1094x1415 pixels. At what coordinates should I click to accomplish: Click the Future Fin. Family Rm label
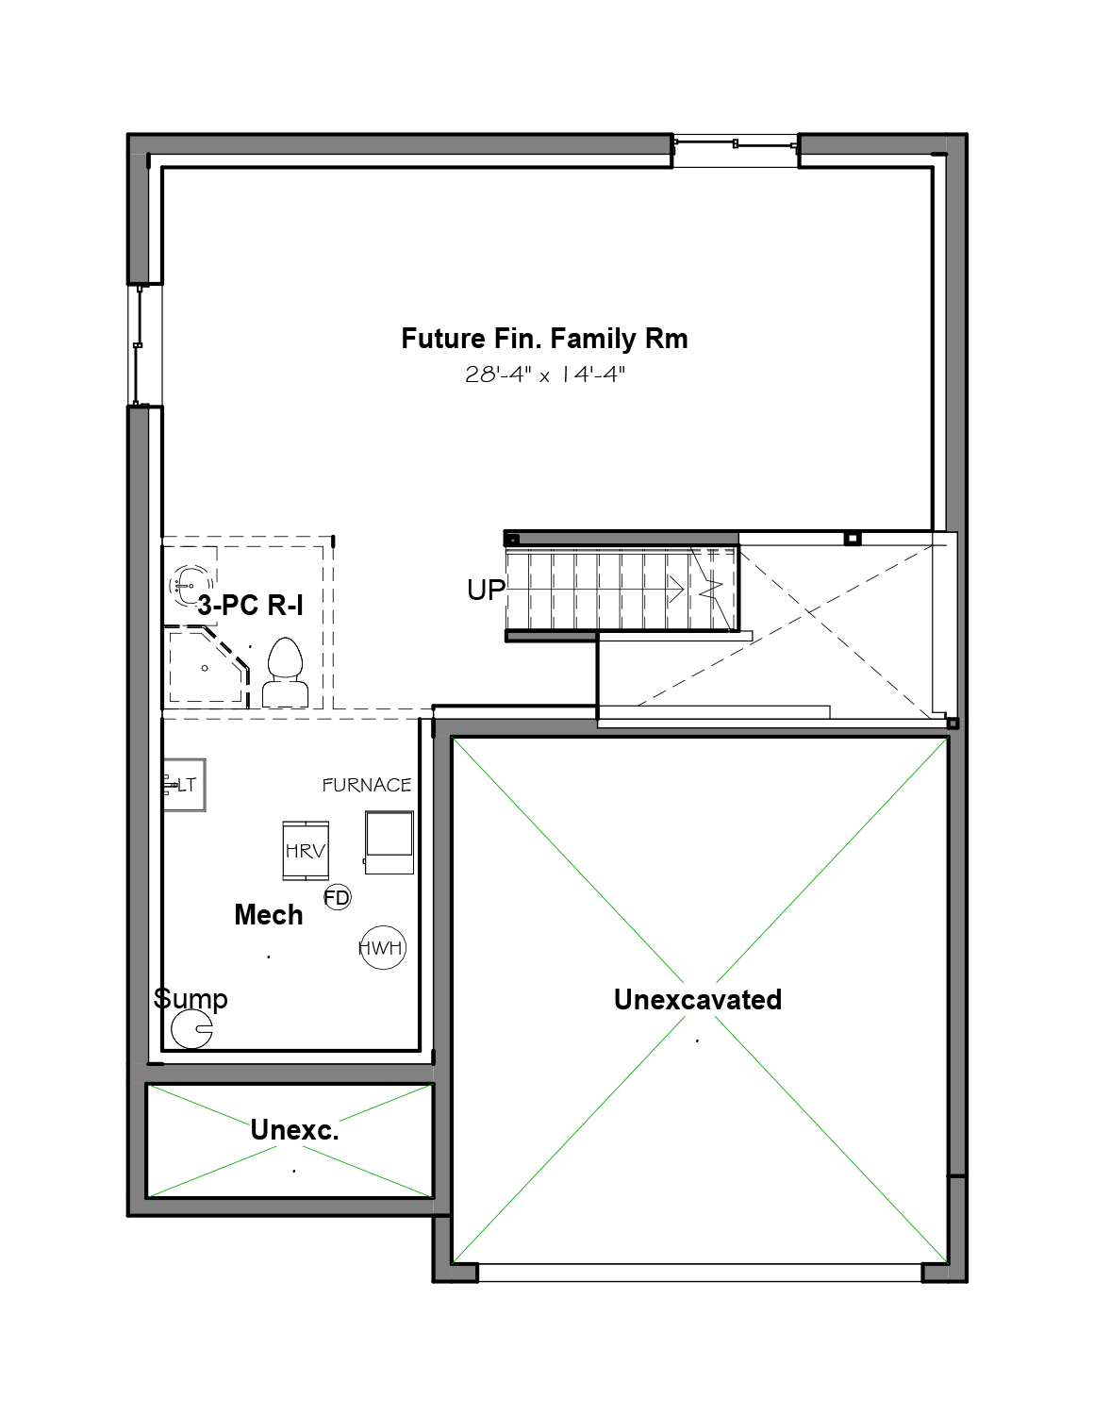pyautogui.click(x=544, y=339)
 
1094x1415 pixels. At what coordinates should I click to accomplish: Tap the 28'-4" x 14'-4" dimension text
pyautogui.click(x=545, y=375)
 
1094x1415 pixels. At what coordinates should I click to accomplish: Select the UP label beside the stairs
pyautogui.click(x=486, y=590)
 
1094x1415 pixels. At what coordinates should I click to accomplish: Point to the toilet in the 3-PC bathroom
pyautogui.click(x=285, y=672)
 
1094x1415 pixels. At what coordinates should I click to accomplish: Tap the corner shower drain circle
pyautogui.click(x=205, y=668)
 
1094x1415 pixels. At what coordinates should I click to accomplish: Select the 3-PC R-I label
pyautogui.click(x=251, y=606)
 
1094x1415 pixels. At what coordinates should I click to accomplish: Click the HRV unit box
pyautogui.click(x=306, y=851)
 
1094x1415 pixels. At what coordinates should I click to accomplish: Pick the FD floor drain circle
pyautogui.click(x=337, y=897)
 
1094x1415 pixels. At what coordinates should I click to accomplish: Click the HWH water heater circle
pyautogui.click(x=383, y=947)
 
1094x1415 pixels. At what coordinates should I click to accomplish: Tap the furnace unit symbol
pyautogui.click(x=389, y=842)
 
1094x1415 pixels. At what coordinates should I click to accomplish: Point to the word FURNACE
pyautogui.click(x=367, y=785)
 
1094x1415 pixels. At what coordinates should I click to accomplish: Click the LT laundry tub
pyautogui.click(x=184, y=785)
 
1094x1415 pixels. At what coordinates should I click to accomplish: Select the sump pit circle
pyautogui.click(x=192, y=1029)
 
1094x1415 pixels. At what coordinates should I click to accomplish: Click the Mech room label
pyautogui.click(x=268, y=915)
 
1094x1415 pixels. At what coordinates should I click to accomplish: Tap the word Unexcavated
pyautogui.click(x=698, y=1000)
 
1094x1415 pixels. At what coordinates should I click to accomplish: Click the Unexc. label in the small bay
pyautogui.click(x=294, y=1130)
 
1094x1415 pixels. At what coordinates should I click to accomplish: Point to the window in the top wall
pyautogui.click(x=736, y=144)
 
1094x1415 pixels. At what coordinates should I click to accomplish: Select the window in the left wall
pyautogui.click(x=138, y=345)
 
